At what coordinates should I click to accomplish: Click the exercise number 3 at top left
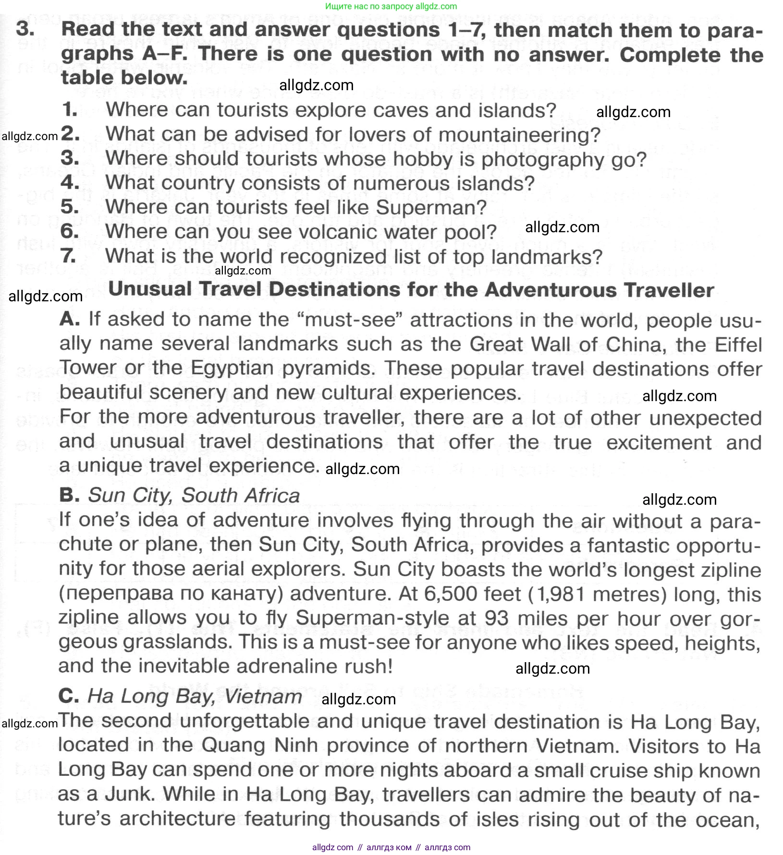click(x=25, y=29)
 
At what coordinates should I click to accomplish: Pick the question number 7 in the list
click(x=69, y=256)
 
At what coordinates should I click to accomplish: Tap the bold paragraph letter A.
click(x=70, y=319)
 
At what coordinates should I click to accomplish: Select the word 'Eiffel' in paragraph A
click(x=738, y=344)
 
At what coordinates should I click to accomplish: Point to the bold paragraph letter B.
click(x=69, y=495)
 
